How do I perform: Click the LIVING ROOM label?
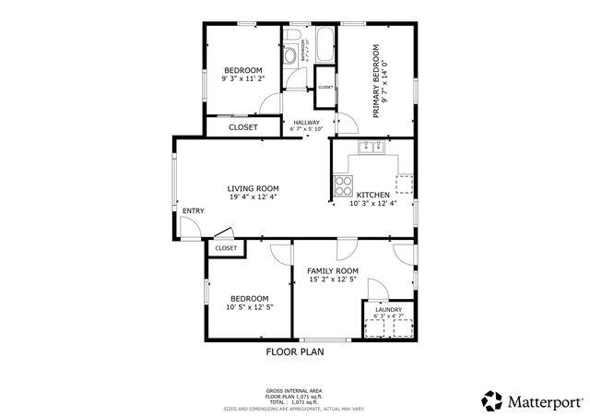pyautogui.click(x=253, y=188)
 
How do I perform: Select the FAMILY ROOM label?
pyautogui.click(x=332, y=270)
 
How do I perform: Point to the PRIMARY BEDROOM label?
pyautogui.click(x=376, y=81)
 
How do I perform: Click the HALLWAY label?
pyautogui.click(x=307, y=122)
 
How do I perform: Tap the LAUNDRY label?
pyautogui.click(x=387, y=310)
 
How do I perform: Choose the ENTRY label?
pyautogui.click(x=193, y=211)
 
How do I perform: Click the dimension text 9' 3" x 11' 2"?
pyautogui.click(x=243, y=80)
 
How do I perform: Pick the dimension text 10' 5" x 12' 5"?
pyautogui.click(x=249, y=307)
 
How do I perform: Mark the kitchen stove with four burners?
pyautogui.click(x=343, y=185)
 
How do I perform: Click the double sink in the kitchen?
pyautogui.click(x=373, y=146)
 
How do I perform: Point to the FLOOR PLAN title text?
pyautogui.click(x=295, y=351)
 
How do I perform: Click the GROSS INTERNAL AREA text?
pyautogui.click(x=294, y=391)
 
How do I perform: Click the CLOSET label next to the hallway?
pyautogui.click(x=242, y=127)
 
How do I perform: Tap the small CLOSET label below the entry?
pyautogui.click(x=226, y=248)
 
